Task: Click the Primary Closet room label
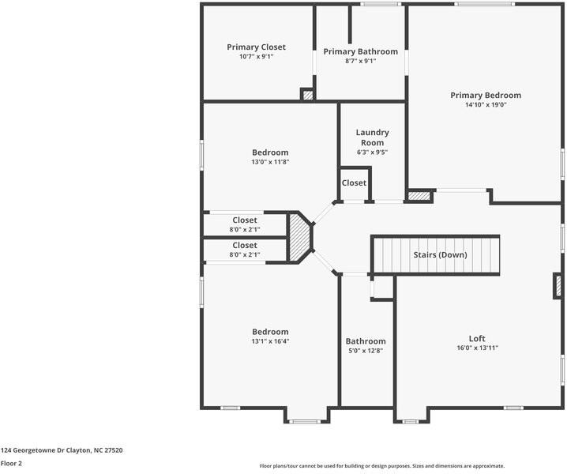256,47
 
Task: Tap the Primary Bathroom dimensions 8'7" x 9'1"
360,61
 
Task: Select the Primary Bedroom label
486,96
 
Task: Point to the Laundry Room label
373,137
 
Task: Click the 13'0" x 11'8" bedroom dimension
270,162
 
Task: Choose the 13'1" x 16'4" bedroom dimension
270,341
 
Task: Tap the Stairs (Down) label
440,255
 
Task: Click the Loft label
477,338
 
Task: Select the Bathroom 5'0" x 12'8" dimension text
366,351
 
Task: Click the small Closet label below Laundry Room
354,183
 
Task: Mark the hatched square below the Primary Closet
307,95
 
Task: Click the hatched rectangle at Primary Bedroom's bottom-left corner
419,195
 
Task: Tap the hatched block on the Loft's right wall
558,284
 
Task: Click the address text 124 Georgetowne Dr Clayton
62,450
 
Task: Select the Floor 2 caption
11,464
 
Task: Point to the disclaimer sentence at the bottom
381,466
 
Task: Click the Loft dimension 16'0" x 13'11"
477,348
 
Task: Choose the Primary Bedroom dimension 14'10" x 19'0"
486,105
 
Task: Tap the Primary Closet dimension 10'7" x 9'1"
256,57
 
